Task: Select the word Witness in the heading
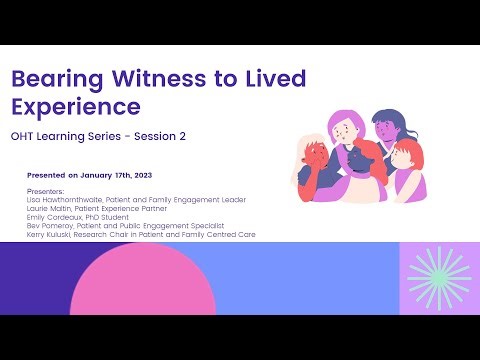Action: pos(150,79)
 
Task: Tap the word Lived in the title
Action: pos(274,79)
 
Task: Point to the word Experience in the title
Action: pos(75,107)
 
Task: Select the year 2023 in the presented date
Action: pos(135,174)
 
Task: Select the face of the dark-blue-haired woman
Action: pos(386,130)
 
